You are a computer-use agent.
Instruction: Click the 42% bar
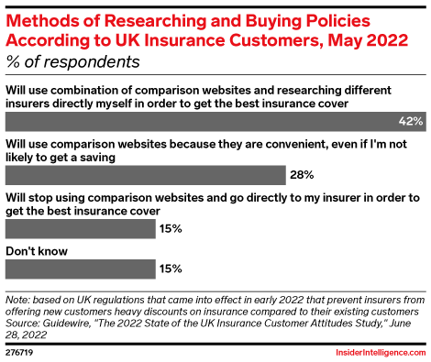[x=215, y=122]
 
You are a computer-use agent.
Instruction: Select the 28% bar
[x=146, y=175]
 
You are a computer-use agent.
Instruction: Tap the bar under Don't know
[x=81, y=269]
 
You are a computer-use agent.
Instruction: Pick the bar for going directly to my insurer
[x=81, y=229]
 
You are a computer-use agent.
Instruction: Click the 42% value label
[x=411, y=122]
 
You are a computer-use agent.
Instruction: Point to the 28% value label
[x=302, y=175]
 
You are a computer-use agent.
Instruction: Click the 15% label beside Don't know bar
[x=171, y=269]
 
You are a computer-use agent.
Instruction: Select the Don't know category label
[x=37, y=251]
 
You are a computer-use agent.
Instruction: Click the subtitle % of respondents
[x=72, y=62]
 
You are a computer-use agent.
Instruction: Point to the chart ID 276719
[x=19, y=353]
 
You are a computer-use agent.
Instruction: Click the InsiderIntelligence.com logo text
[x=381, y=353]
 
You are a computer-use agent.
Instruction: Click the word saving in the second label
[x=98, y=158]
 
